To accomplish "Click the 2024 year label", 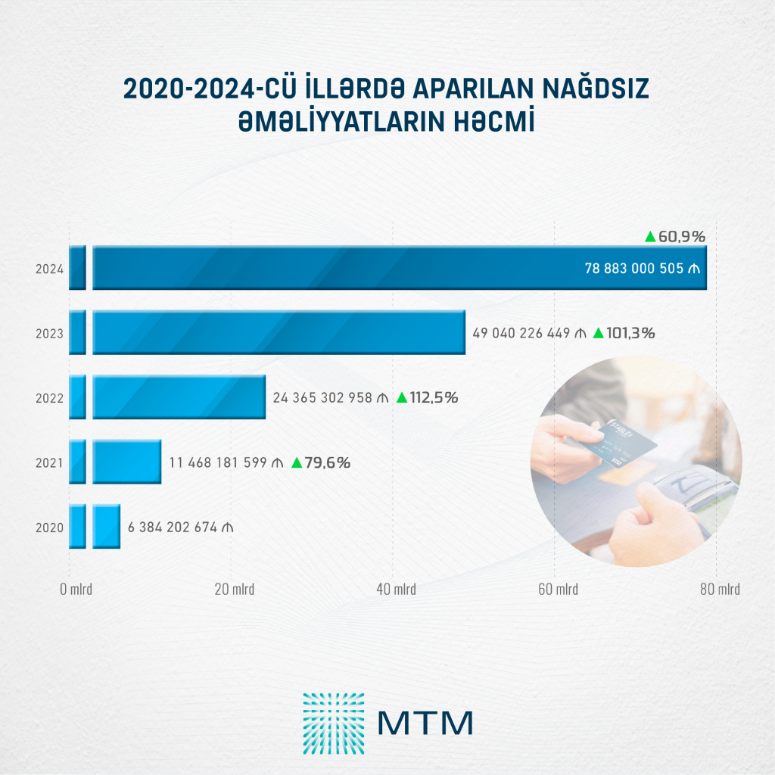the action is click(49, 269).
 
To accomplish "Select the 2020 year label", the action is click(49, 528).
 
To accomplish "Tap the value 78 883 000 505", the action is click(634, 269).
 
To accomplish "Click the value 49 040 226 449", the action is click(521, 333).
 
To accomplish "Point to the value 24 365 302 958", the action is click(322, 398).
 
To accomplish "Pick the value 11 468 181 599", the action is click(218, 462).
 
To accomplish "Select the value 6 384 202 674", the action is click(173, 528).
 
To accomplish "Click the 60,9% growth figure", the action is click(682, 237).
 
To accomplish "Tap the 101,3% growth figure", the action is click(630, 333).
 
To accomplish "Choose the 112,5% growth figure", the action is click(434, 398).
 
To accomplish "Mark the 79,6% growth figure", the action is click(327, 462).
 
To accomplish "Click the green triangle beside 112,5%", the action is click(402, 397).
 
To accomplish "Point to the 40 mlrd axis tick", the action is click(396, 589).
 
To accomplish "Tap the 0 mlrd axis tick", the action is click(76, 589).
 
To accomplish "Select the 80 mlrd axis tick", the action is click(720, 589).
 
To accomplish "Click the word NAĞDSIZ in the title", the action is click(596, 89).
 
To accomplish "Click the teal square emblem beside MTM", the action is click(334, 724).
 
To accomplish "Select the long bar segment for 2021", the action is click(127, 462).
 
